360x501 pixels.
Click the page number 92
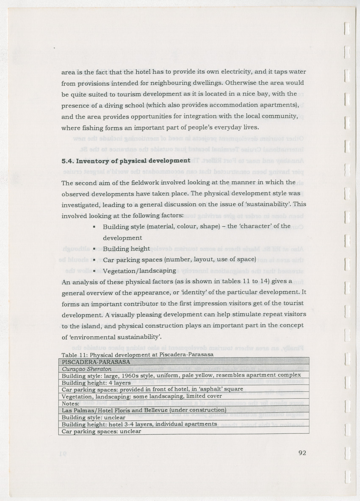tap(302, 453)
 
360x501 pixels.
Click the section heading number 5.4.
tap(68, 161)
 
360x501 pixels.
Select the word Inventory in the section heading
tap(92, 161)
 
